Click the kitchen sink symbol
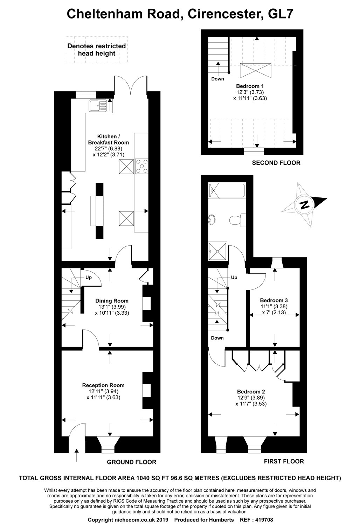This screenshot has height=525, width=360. (98, 105)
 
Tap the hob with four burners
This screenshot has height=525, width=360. (142, 166)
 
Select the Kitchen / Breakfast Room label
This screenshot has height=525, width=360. (108, 139)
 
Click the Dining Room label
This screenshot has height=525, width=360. (112, 301)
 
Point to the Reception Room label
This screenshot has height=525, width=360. (103, 385)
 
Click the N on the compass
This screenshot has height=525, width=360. (304, 205)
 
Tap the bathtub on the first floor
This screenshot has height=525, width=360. (227, 190)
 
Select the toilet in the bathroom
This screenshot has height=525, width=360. (237, 220)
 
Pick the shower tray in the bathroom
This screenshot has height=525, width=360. (218, 251)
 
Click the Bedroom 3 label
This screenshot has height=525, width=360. (274, 300)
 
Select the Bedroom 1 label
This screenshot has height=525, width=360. (250, 86)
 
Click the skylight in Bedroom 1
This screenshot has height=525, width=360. (255, 70)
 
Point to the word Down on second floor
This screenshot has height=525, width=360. (217, 79)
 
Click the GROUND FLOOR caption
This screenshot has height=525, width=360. (132, 462)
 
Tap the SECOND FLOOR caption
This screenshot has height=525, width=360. (276, 163)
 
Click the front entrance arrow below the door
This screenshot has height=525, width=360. (76, 455)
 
